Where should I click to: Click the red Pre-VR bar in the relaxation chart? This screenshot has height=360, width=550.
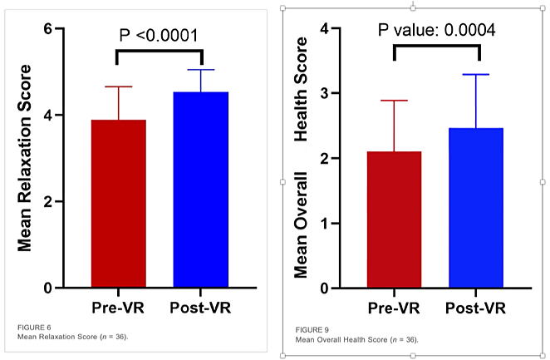pyautogui.click(x=118, y=204)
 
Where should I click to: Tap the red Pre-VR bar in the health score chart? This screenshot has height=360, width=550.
pyautogui.click(x=395, y=219)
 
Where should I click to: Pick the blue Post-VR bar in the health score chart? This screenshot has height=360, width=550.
pyautogui.click(x=476, y=208)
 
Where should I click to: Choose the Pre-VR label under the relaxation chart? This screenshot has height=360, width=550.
pyautogui.click(x=118, y=308)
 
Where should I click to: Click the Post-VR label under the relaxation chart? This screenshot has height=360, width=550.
pyautogui.click(x=200, y=308)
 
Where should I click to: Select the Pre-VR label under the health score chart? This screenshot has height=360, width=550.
pyautogui.click(x=395, y=308)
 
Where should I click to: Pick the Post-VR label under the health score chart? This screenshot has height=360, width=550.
pyautogui.click(x=476, y=308)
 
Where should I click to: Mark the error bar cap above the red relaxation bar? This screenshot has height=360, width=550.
pyautogui.click(x=118, y=86)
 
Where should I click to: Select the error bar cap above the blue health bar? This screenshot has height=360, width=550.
pyautogui.click(x=476, y=75)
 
